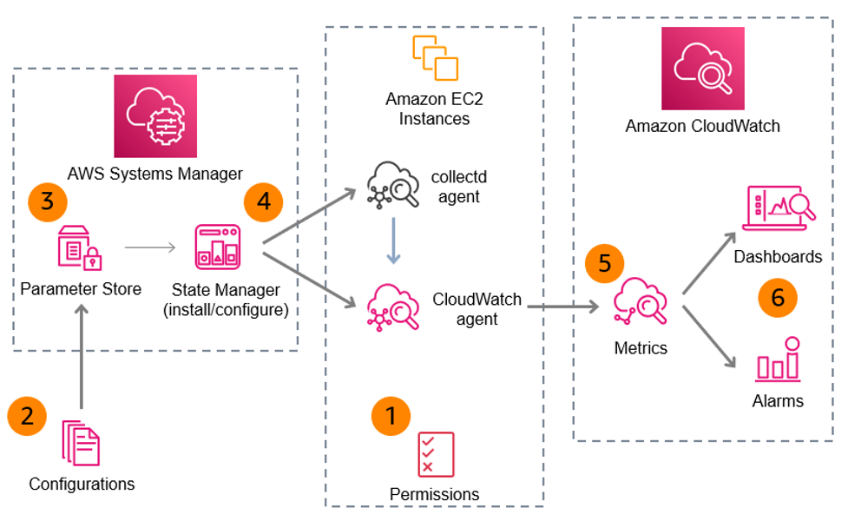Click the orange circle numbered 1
(x=390, y=416)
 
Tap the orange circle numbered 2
(x=27, y=416)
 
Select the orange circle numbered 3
(x=48, y=201)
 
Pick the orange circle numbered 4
(x=263, y=201)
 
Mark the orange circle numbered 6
(x=778, y=297)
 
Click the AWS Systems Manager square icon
(x=154, y=115)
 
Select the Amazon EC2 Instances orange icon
(x=434, y=57)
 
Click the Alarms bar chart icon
(x=778, y=359)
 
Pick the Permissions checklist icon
(x=435, y=453)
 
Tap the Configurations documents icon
(x=81, y=443)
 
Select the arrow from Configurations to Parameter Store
(x=81, y=357)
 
